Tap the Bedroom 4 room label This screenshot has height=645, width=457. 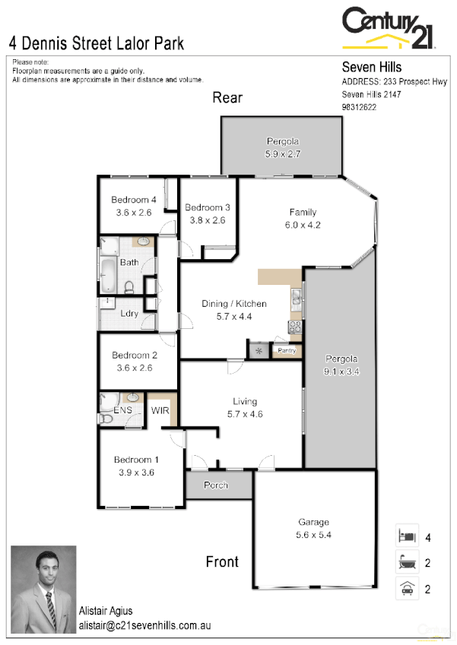pos(134,200)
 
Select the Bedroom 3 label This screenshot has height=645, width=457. pos(207,207)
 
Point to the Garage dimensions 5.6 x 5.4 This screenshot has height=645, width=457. pos(313,535)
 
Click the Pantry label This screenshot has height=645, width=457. pos(287,350)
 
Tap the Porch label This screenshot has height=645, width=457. pos(216,485)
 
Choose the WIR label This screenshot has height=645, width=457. pos(160,411)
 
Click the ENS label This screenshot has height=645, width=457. pos(123,411)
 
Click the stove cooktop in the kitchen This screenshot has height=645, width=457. pos(295,327)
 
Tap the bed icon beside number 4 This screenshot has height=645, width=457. pos(407,536)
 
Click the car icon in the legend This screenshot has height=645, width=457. pos(407,588)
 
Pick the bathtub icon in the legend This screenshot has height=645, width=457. pos(407,562)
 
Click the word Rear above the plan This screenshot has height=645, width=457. pos(227,97)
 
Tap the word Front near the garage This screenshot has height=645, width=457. pos(222,562)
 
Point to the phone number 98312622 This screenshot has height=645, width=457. pos(360,107)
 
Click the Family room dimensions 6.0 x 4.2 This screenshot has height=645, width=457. pos(302,225)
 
